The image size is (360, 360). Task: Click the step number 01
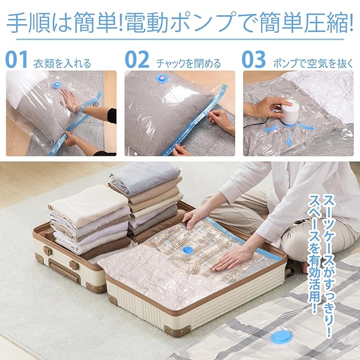point(16,60)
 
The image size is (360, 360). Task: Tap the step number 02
point(137,60)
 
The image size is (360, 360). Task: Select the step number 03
point(254,60)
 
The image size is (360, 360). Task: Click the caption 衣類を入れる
point(62,64)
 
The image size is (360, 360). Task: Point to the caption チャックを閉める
point(188,64)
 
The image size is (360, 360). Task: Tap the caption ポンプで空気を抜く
point(313,64)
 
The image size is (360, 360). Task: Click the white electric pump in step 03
point(289,112)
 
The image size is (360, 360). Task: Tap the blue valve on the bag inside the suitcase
point(188,250)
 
